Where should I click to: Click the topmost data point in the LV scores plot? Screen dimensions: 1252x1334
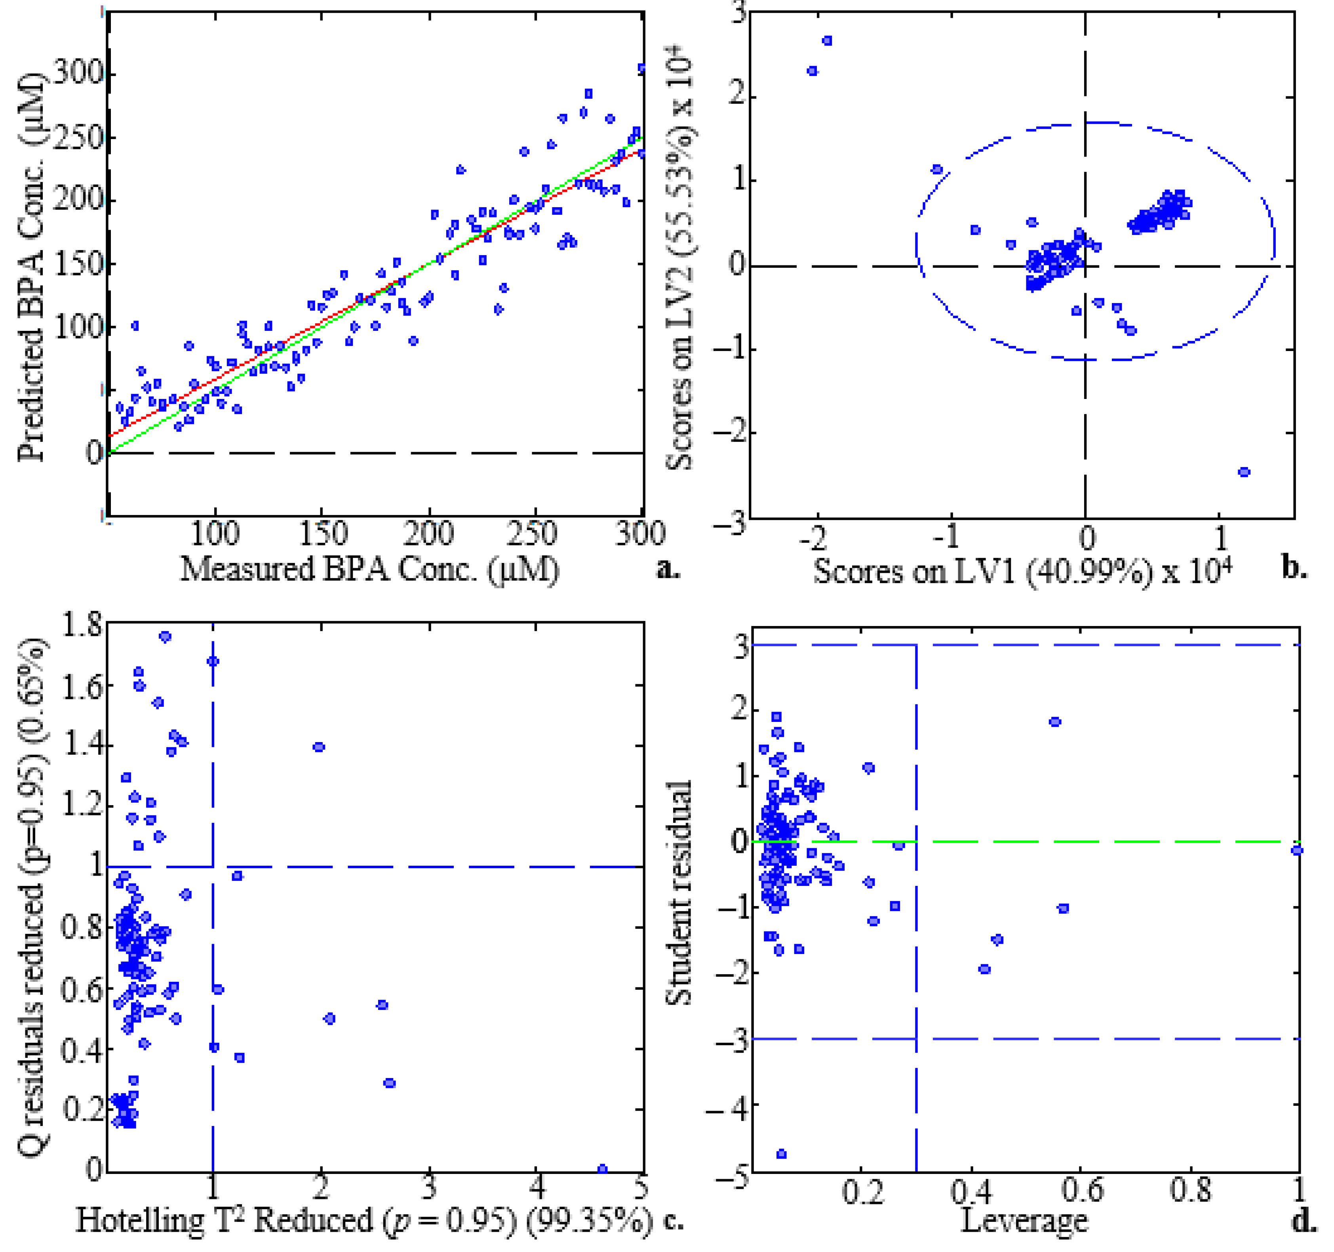click(828, 41)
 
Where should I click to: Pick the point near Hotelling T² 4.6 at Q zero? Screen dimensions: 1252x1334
click(603, 1169)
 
